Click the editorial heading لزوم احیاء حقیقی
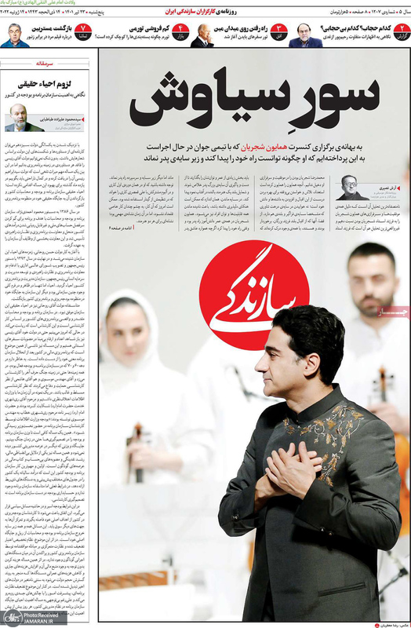tap(45, 81)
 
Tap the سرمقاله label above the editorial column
tap(47, 61)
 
